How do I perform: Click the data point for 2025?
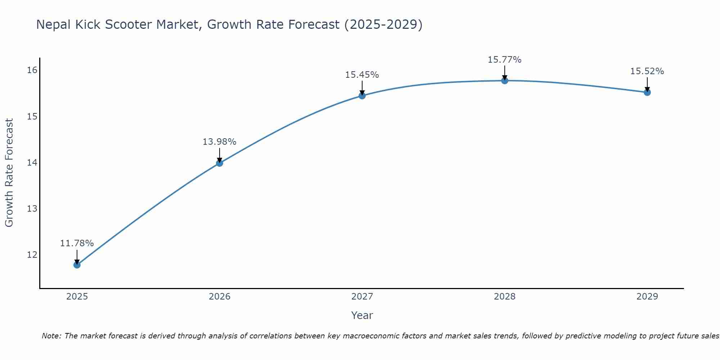click(77, 265)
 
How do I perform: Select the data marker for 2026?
click(220, 163)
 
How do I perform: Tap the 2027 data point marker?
click(362, 95)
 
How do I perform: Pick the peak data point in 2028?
click(505, 81)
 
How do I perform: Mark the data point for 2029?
click(647, 92)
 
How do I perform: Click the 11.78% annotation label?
click(77, 243)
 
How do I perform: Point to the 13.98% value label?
click(219, 142)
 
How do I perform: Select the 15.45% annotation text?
click(362, 75)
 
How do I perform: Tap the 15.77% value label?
click(504, 60)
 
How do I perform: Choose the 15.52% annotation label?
click(647, 71)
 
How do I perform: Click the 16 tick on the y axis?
click(32, 70)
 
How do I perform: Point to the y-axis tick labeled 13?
click(32, 208)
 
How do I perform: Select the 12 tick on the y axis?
click(32, 255)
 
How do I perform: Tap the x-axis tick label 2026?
click(220, 297)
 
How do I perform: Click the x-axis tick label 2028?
click(505, 297)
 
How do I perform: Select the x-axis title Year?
click(362, 315)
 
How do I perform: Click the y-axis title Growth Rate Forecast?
click(9, 173)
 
